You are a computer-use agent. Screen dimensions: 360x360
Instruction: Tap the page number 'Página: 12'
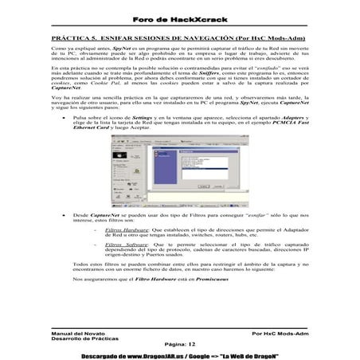179,343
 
